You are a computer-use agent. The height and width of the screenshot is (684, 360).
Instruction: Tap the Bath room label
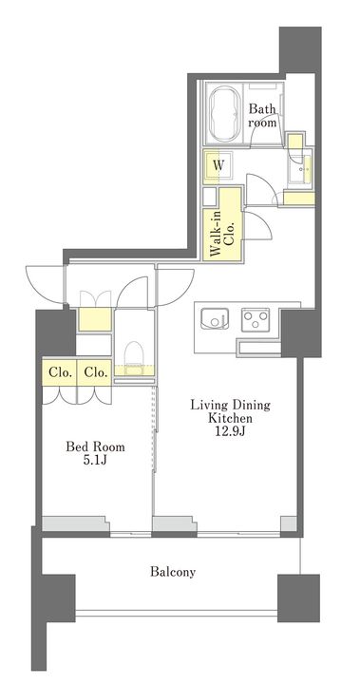pyautogui.click(x=262, y=115)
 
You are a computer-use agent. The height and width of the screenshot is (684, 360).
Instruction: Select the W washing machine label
pyautogui.click(x=218, y=165)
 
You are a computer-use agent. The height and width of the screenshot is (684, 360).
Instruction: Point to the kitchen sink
pyautogui.click(x=215, y=318)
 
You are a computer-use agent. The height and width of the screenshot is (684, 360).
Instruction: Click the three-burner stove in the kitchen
pyautogui.click(x=256, y=319)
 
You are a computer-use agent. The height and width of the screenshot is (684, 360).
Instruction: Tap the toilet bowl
pyautogui.click(x=134, y=355)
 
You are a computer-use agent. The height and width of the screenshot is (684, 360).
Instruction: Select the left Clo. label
pyautogui.click(x=59, y=373)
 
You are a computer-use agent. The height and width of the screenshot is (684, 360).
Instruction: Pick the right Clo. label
pyautogui.click(x=94, y=373)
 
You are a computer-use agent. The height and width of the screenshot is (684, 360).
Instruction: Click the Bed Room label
pyautogui.click(x=95, y=446)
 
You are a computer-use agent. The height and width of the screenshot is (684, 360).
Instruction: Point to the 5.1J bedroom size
pyautogui.click(x=96, y=461)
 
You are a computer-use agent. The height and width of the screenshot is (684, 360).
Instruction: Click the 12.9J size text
pyautogui.click(x=230, y=432)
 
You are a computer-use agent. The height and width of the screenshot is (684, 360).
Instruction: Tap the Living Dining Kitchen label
pyautogui.click(x=230, y=411)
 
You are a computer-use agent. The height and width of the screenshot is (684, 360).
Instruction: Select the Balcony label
pyautogui.click(x=173, y=572)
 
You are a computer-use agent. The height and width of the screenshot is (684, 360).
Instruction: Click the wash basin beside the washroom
pyautogui.click(x=301, y=169)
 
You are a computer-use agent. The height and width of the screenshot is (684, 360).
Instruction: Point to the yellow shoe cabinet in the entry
pyautogui.click(x=94, y=319)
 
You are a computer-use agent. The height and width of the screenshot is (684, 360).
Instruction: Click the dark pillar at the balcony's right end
pyautogui.click(x=298, y=598)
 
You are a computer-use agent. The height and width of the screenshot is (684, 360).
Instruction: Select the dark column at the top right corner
pyautogui.click(x=300, y=49)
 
